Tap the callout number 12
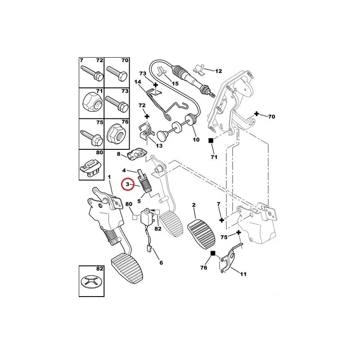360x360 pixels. coord(219,71)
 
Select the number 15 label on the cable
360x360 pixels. coord(175,83)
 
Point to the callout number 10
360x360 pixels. coord(196,140)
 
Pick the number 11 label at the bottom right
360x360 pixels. coord(243,274)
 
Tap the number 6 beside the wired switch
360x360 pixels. coord(160,262)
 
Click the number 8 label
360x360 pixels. coord(119,154)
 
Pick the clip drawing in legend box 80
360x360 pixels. coord(91,166)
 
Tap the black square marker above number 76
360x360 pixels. coord(213,254)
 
